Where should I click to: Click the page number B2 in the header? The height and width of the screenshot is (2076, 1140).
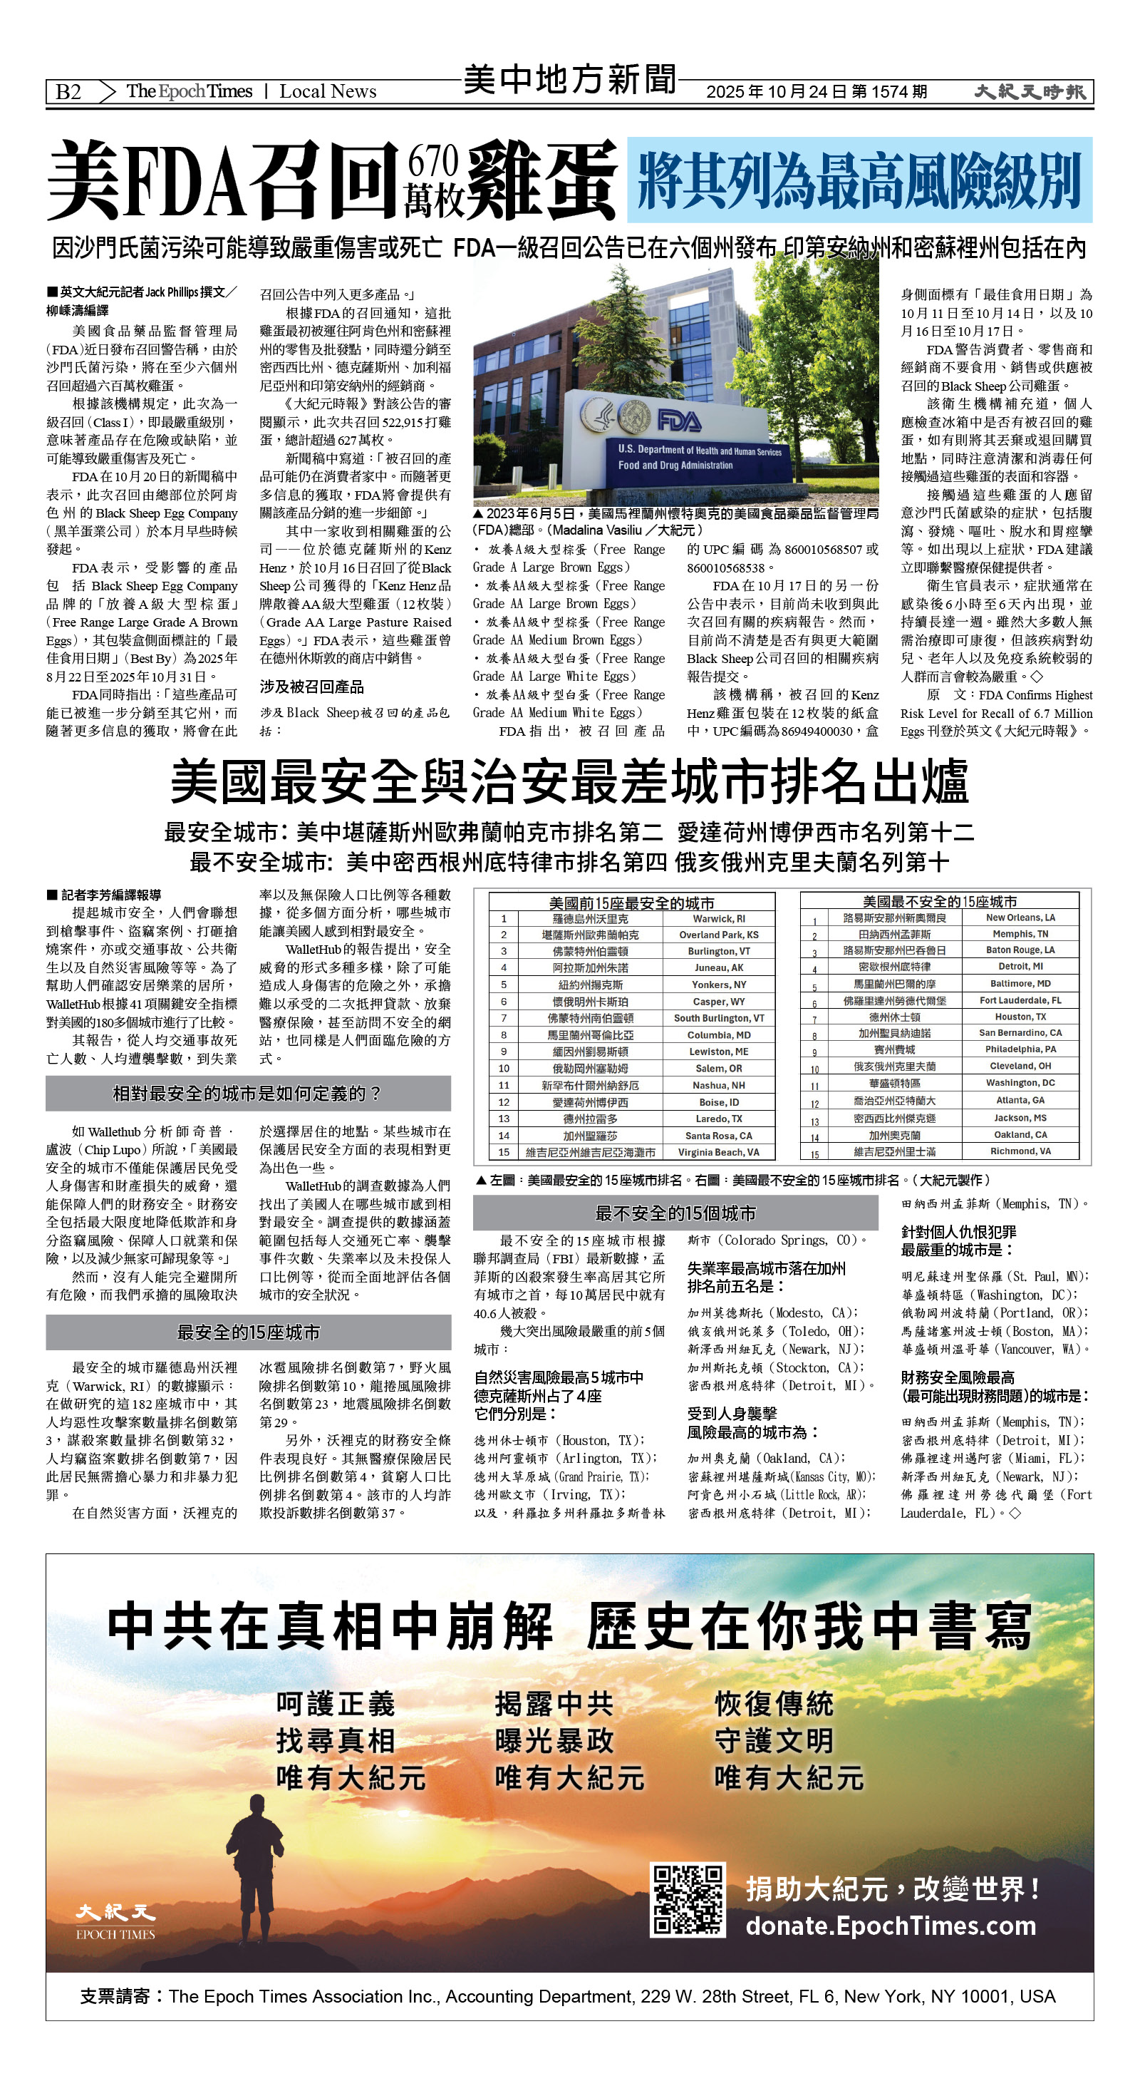pos(68,92)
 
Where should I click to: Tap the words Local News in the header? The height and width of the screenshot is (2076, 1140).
pos(327,92)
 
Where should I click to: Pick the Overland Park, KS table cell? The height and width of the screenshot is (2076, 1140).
pos(719,935)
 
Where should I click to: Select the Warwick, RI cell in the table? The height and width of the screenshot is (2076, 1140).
pos(719,919)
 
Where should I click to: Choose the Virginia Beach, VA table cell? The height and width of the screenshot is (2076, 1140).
pos(719,1153)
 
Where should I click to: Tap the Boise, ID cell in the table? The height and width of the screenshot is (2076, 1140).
pos(719,1102)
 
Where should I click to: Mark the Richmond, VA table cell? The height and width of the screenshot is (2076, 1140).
pos(1020,1151)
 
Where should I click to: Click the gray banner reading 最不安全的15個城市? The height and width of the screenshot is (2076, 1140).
pos(675,1213)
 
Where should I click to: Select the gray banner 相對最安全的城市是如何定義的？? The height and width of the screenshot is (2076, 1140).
pos(247,1094)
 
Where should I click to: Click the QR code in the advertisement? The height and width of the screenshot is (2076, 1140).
pos(688,1898)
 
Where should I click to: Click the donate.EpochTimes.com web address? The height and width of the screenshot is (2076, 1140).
pos(890,1926)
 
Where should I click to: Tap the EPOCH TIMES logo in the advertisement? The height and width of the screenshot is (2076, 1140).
pos(115,1921)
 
